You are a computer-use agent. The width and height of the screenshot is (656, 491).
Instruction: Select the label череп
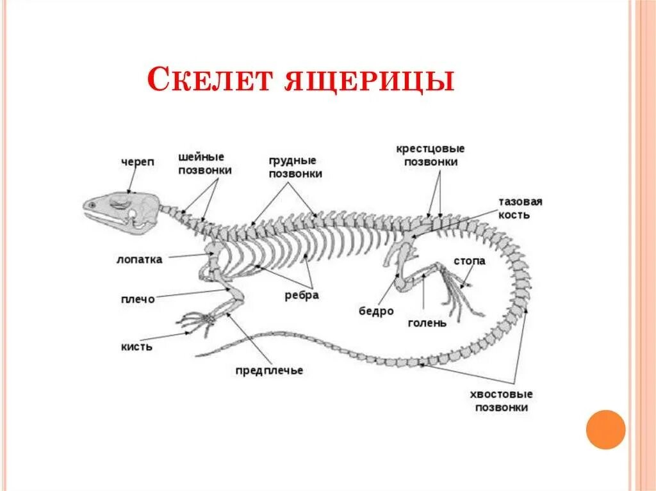point(138,163)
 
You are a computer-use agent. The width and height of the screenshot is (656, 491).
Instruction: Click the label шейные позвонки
point(204,164)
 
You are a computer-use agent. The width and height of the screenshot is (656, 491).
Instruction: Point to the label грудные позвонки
point(295,167)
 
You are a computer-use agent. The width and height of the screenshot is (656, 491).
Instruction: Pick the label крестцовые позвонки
point(430,156)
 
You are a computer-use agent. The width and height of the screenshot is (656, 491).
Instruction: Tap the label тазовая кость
point(520,208)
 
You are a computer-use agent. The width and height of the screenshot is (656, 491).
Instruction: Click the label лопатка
point(139,259)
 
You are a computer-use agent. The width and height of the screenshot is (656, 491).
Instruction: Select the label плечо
point(137,299)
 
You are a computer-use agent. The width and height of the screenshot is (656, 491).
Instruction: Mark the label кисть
point(136,346)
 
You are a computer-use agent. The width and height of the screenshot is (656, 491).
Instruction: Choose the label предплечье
point(268,371)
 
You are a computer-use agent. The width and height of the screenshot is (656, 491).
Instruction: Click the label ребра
point(302,295)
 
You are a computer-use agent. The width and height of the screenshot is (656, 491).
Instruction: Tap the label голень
point(427,323)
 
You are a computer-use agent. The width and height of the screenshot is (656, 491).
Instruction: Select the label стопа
point(470,261)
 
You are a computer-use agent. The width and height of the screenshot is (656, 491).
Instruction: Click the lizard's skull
point(122,209)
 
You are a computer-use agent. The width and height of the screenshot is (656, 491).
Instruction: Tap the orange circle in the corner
point(605,429)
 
